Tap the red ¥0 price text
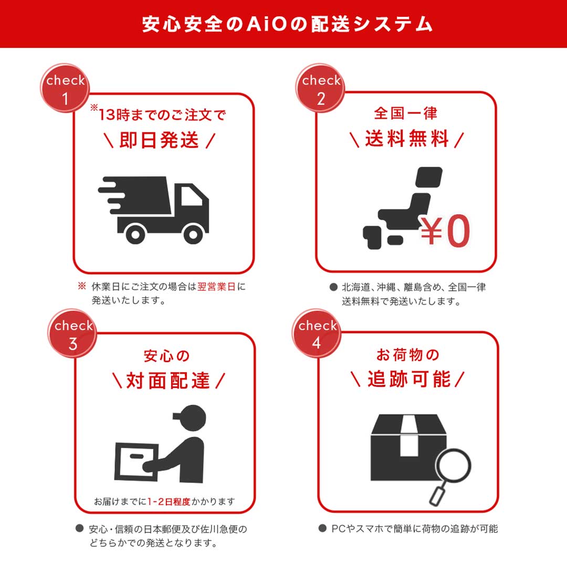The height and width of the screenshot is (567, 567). (445, 232)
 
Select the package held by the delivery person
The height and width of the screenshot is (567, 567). (135, 463)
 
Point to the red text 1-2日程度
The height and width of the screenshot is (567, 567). (168, 501)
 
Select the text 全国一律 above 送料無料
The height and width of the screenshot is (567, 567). (405, 112)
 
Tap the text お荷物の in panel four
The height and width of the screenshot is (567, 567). (407, 355)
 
